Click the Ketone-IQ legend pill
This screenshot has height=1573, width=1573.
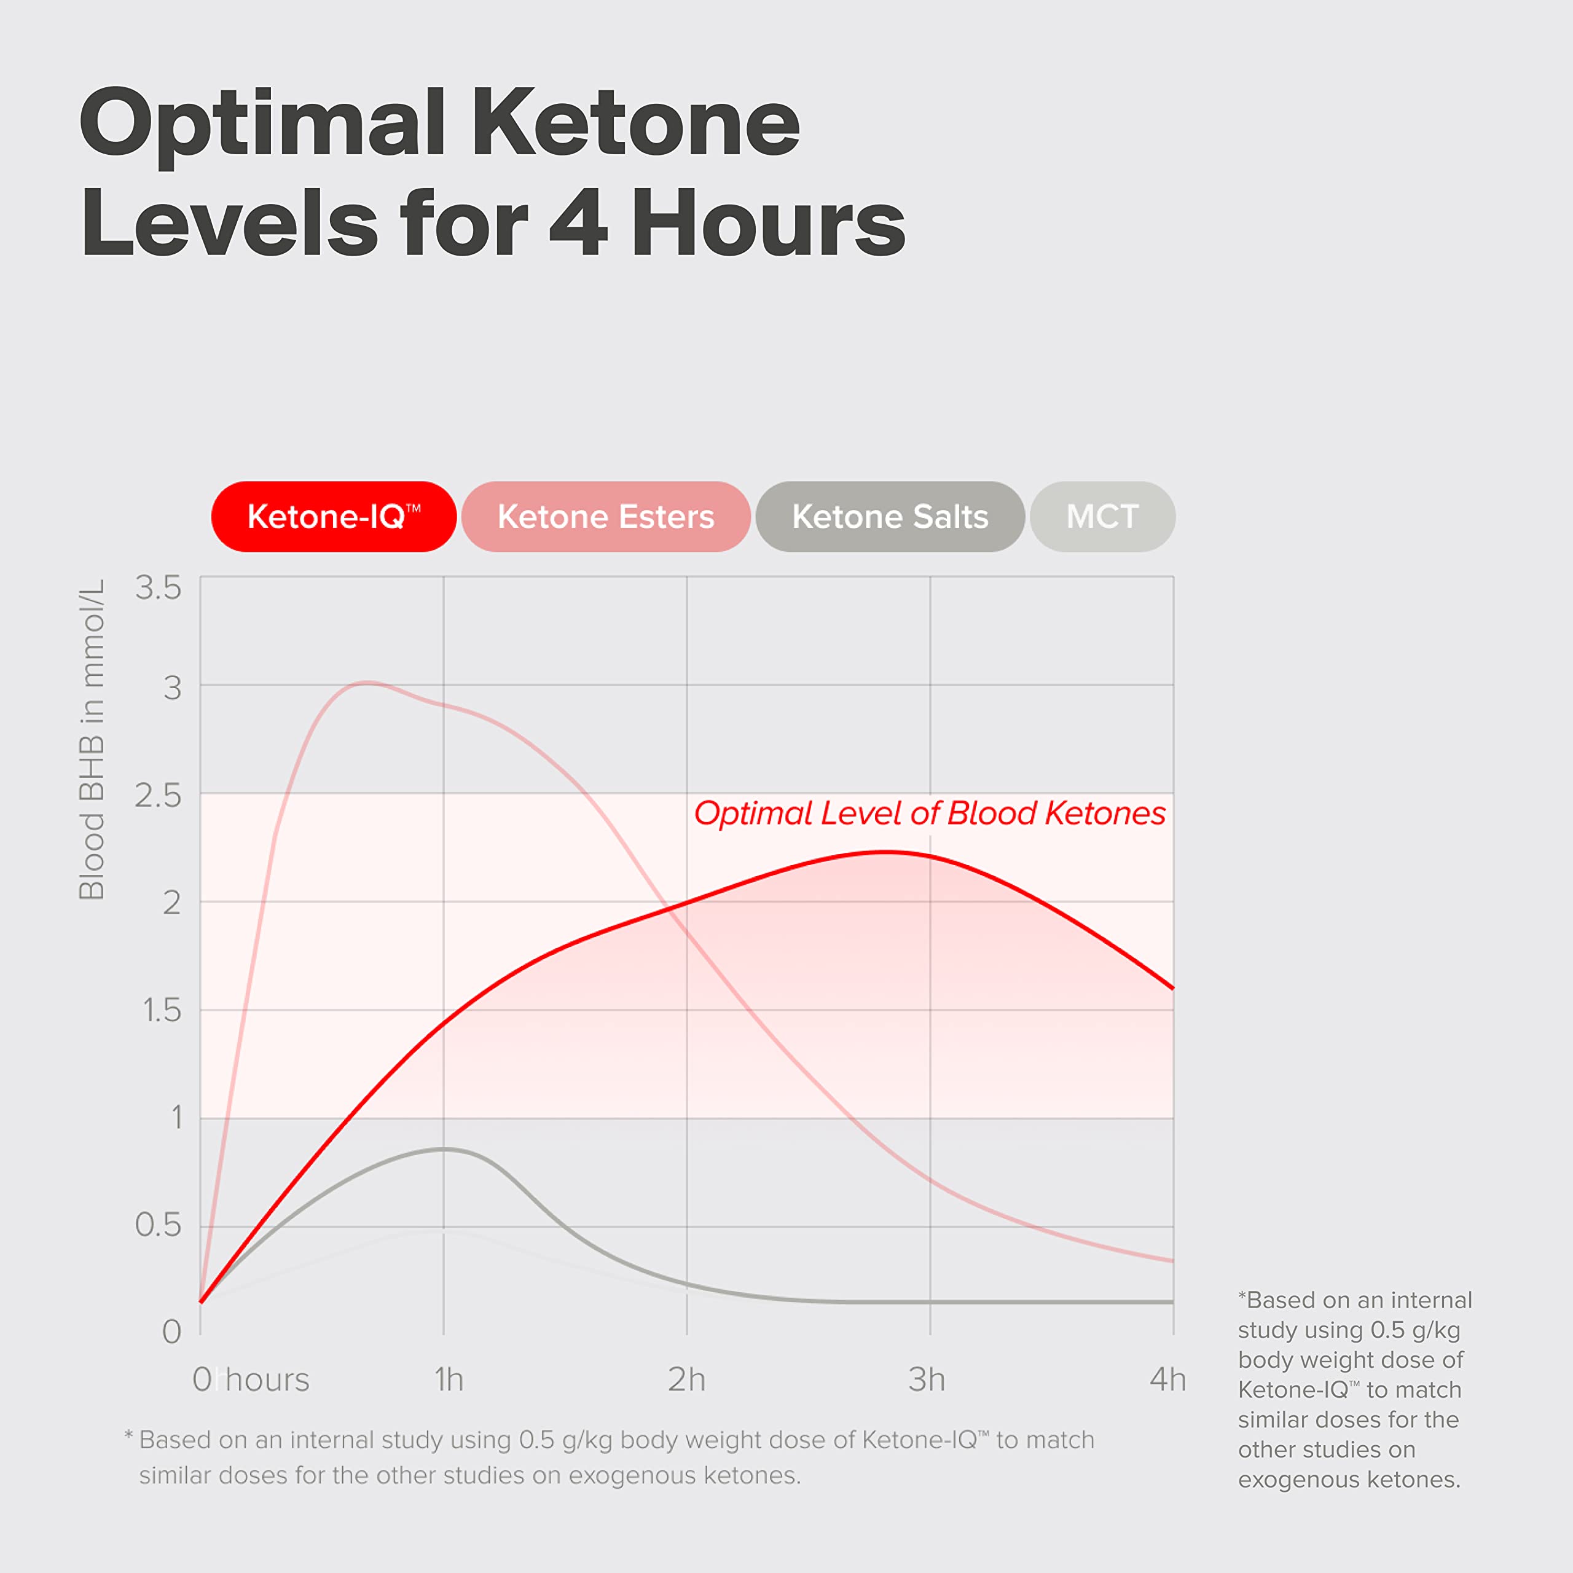(333, 517)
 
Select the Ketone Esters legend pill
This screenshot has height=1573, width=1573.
(606, 517)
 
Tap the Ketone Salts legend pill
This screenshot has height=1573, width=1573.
(890, 517)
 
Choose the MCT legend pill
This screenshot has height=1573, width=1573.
(1102, 517)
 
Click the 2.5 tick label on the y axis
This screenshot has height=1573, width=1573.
(159, 796)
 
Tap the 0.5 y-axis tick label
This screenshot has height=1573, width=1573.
(159, 1225)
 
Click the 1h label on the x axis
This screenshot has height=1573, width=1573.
(449, 1380)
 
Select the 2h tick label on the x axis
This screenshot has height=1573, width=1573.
(686, 1380)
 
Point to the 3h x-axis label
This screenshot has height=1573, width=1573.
(927, 1380)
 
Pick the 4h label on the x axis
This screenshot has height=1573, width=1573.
(1167, 1380)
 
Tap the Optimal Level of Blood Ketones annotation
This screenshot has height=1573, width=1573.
(929, 814)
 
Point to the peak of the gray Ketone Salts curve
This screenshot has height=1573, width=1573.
(444, 1149)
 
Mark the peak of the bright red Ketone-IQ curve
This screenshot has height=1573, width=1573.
(886, 852)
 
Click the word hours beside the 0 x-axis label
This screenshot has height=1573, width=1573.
(268, 1380)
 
